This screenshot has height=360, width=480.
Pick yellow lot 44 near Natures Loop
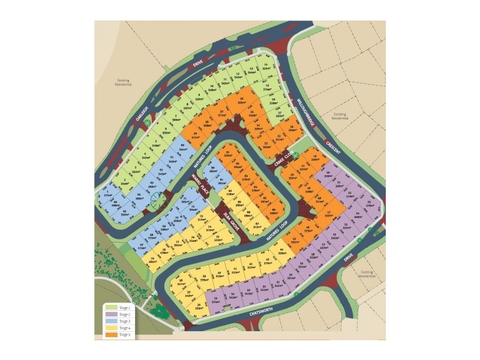281,252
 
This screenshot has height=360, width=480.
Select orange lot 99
195,135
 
